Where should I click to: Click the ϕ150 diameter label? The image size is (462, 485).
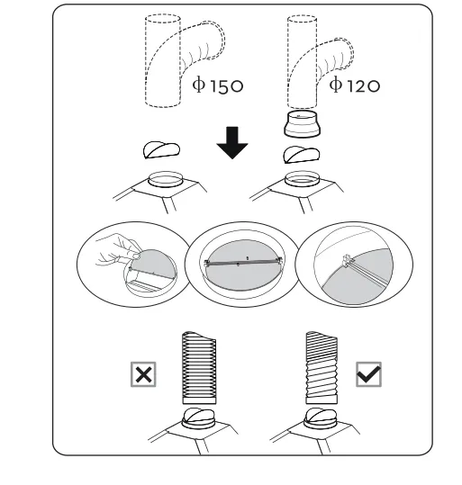[x=218, y=85]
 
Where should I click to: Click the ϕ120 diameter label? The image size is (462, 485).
[x=355, y=85]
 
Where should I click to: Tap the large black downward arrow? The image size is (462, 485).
[x=232, y=142]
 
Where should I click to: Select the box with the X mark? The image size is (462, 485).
[x=143, y=374]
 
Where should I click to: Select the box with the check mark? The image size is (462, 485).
[x=369, y=374]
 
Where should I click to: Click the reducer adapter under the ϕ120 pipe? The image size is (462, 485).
[x=303, y=123]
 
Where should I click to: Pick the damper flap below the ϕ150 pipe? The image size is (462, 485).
[x=161, y=150]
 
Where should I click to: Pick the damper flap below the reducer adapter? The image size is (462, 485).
[x=302, y=155]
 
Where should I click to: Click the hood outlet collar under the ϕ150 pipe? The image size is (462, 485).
[x=165, y=179]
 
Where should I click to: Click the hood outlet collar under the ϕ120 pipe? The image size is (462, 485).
[x=302, y=179]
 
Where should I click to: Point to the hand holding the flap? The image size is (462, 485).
[x=119, y=250]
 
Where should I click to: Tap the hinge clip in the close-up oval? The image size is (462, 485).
[x=348, y=260]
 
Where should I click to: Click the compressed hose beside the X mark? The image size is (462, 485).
[x=199, y=367]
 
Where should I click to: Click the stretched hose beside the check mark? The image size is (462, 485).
[x=322, y=367]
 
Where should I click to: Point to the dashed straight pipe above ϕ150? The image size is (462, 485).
[x=163, y=60]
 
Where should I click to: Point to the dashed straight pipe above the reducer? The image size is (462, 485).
[x=302, y=61]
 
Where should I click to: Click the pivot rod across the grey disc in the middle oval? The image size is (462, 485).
[x=243, y=263]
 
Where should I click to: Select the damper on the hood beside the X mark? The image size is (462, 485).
[x=198, y=418]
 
